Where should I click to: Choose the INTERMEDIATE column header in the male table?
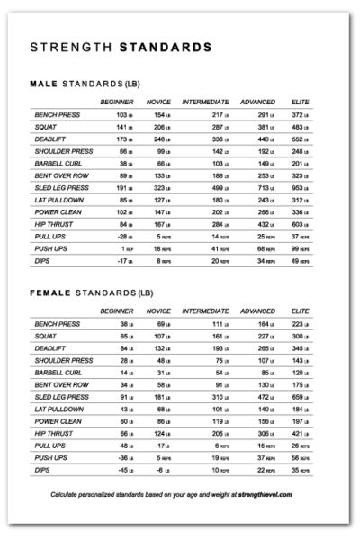(x=205, y=103)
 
